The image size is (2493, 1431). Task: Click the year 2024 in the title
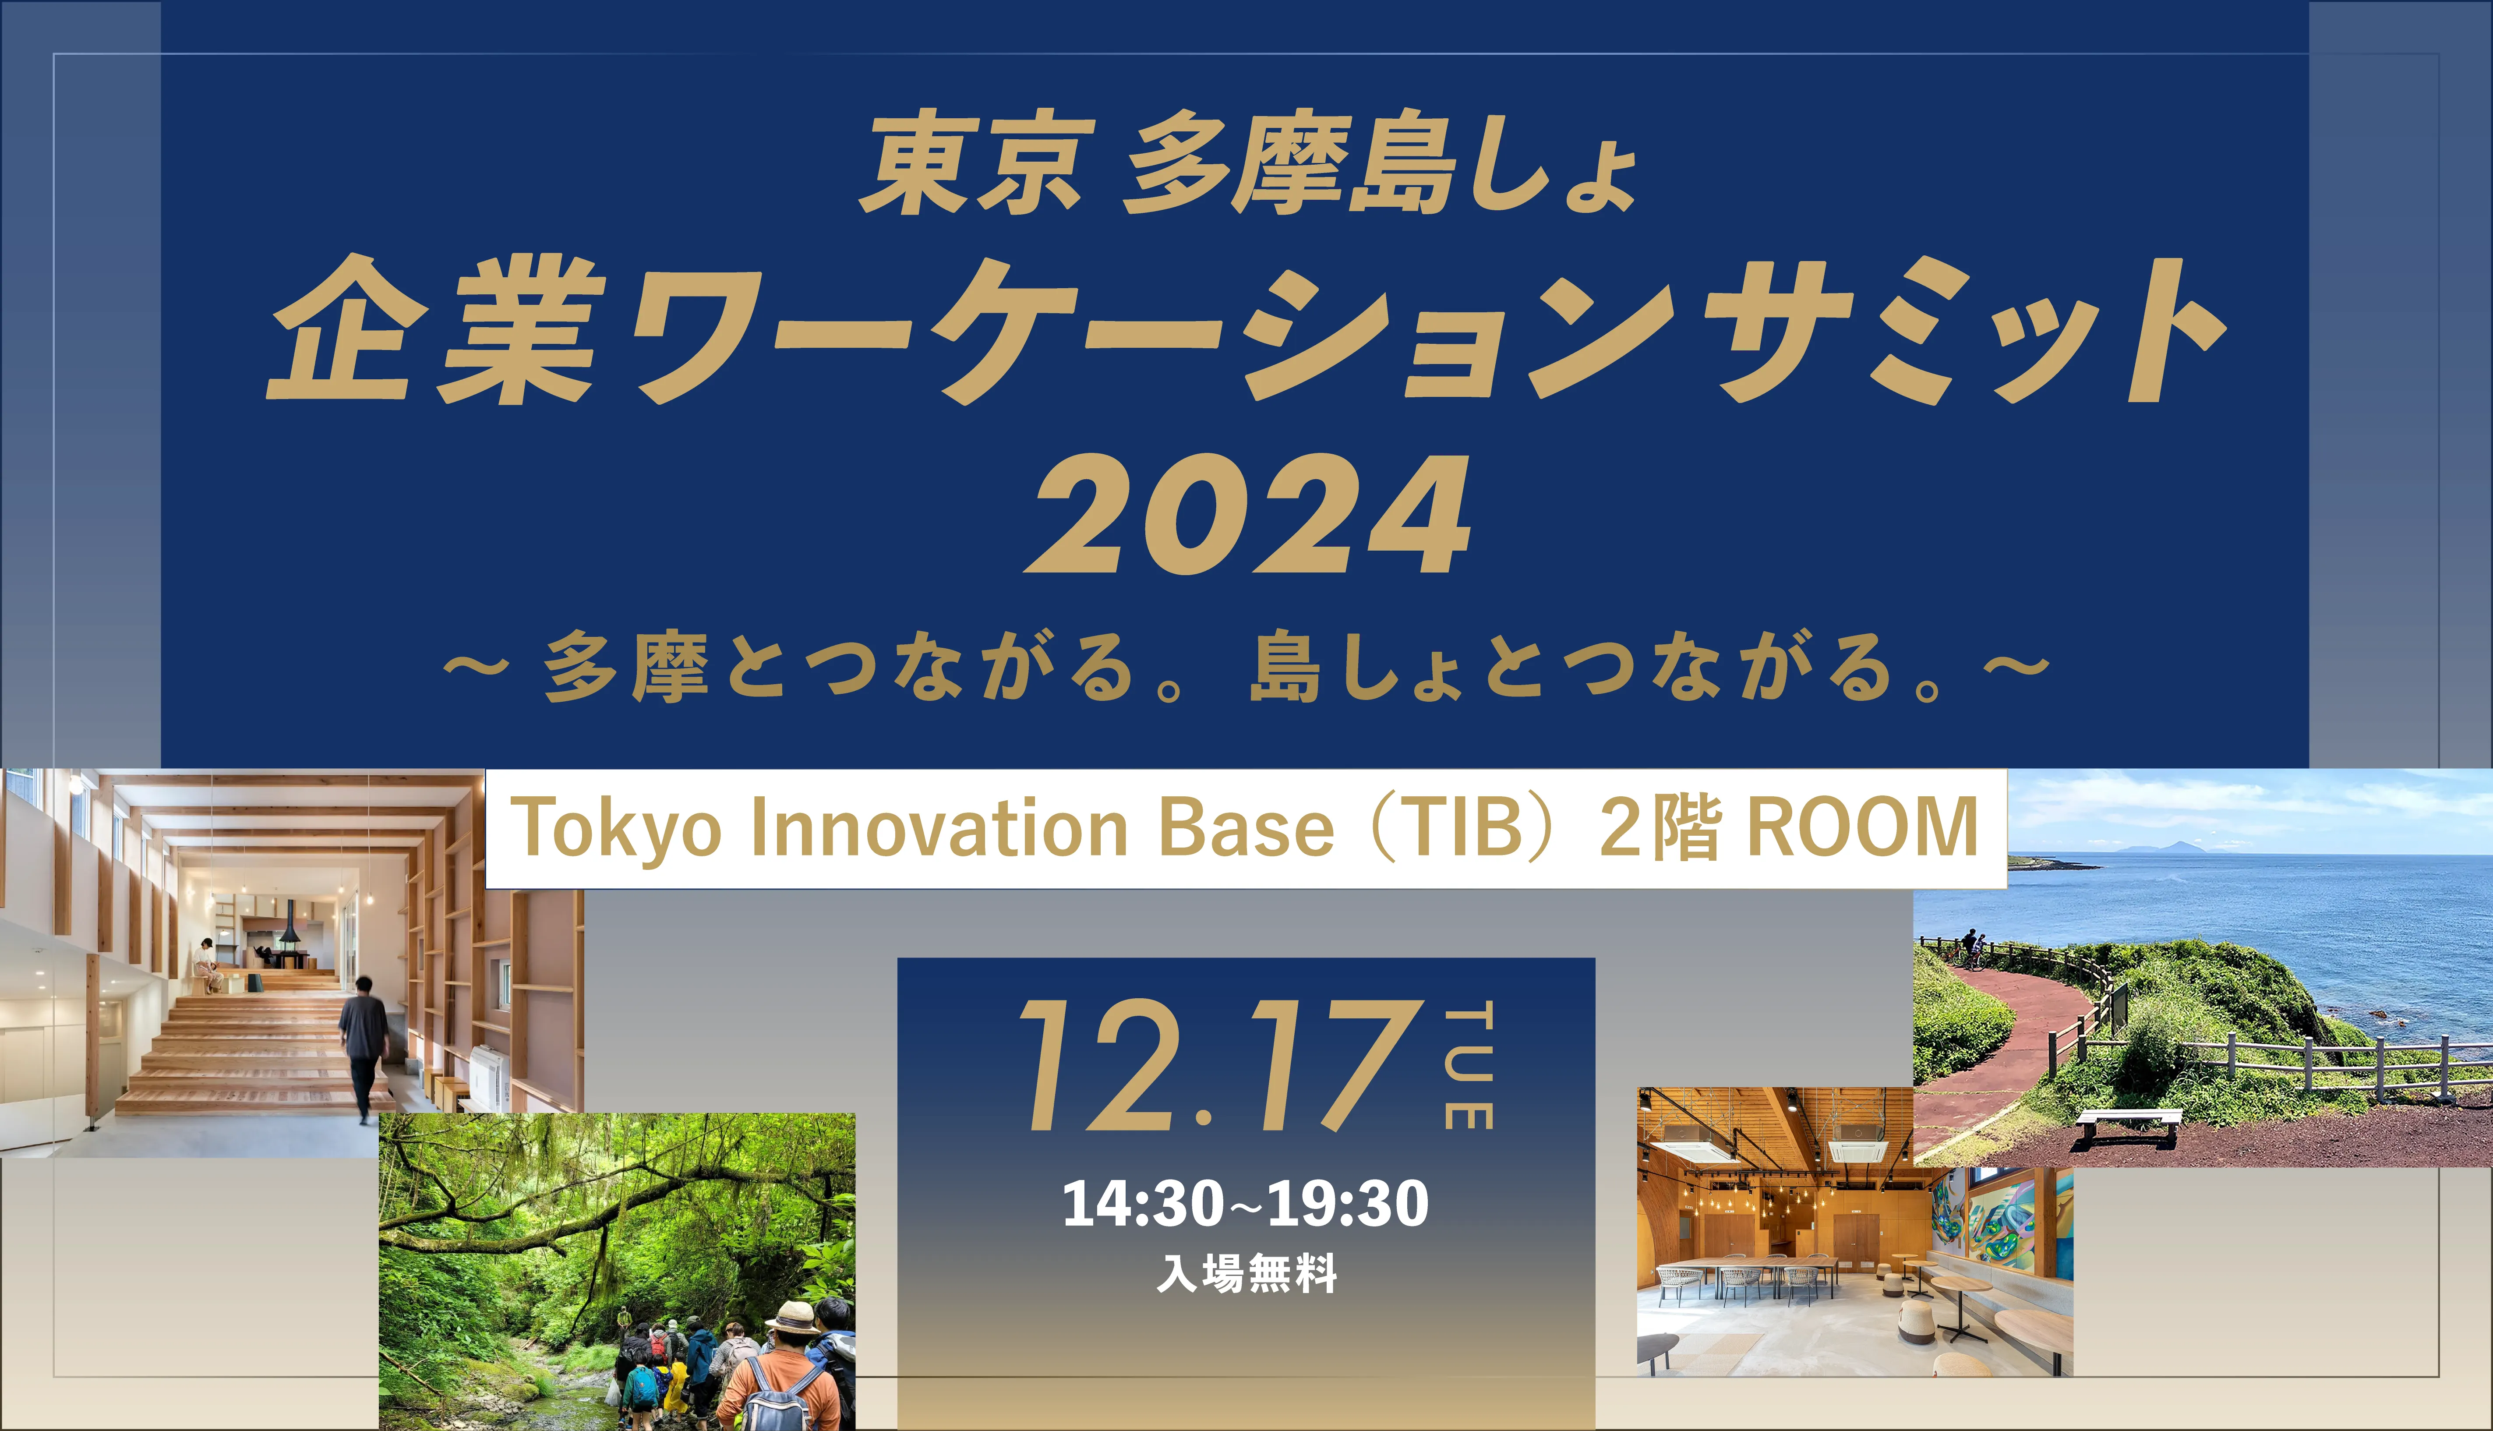(x=1248, y=515)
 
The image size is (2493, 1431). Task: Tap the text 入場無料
(x=1246, y=1274)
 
